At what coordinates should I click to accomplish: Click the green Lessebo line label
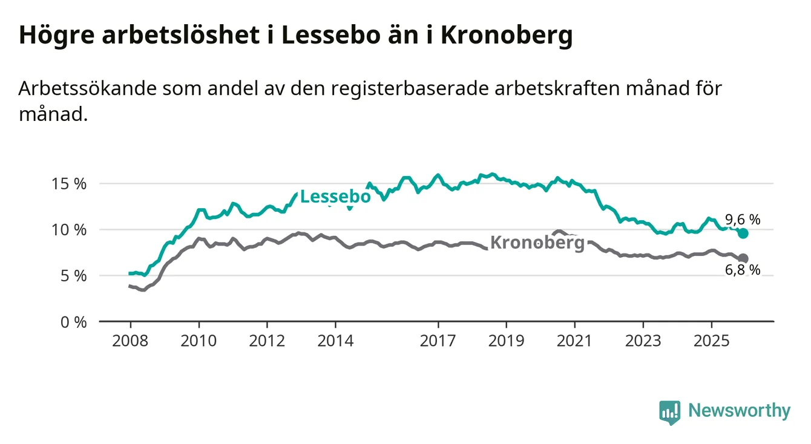(x=335, y=197)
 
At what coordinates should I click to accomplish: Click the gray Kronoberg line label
(x=537, y=243)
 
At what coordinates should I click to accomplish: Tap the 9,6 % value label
(x=742, y=220)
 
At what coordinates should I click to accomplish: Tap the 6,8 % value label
(x=742, y=270)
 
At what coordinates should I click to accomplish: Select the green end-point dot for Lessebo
(x=744, y=233)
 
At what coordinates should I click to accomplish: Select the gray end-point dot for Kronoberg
(x=743, y=258)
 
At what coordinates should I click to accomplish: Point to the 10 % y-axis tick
(x=73, y=230)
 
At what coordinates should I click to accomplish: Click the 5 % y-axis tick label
(x=76, y=276)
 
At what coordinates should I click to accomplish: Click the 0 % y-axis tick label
(x=76, y=322)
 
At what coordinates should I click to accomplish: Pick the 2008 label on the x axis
(x=130, y=341)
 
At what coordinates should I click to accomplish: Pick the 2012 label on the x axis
(x=267, y=341)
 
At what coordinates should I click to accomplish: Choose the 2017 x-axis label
(x=438, y=341)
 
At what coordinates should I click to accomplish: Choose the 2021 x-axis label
(x=574, y=341)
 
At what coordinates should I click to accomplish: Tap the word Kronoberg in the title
(x=505, y=36)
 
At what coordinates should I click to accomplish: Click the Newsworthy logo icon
(x=669, y=412)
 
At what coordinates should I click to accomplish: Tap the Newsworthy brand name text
(x=739, y=411)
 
